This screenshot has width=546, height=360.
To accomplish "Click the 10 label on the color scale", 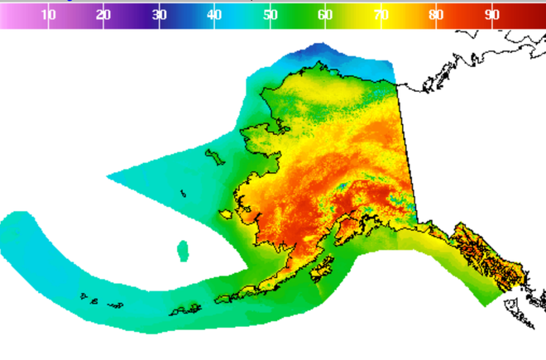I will (x=49, y=15).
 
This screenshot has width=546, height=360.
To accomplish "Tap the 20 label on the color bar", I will (x=104, y=15).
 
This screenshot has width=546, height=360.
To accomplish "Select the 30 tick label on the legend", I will (x=160, y=15).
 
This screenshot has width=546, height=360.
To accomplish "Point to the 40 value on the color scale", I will (x=214, y=15).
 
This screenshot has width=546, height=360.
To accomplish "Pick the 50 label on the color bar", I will (x=270, y=15).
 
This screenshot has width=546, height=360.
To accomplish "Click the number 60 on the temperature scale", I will (x=325, y=15).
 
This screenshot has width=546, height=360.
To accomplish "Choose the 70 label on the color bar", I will (x=381, y=15).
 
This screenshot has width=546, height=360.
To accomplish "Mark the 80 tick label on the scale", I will (x=436, y=15).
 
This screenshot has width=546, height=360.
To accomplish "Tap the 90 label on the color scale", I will (x=491, y=15).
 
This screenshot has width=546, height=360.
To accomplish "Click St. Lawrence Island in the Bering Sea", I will (x=214, y=156).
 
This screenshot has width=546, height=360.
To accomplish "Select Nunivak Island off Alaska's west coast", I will (x=226, y=214).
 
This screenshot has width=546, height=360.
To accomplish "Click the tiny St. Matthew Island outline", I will (x=184, y=195).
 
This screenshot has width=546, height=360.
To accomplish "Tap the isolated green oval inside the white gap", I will (x=183, y=250).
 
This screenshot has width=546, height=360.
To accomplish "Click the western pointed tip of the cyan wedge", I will (x=108, y=175).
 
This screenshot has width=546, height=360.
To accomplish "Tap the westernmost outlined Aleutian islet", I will (x=83, y=295).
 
